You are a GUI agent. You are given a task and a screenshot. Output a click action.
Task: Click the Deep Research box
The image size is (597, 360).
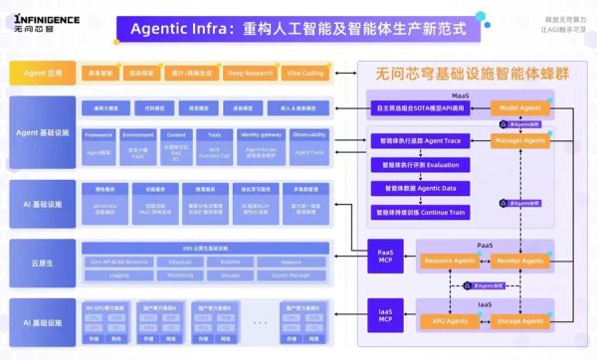248,74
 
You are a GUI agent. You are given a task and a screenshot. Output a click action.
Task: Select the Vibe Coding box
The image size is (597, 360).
304,74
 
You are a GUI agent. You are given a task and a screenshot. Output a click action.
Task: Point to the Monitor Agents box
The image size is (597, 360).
517,260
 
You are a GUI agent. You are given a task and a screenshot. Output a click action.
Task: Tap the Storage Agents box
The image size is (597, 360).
517,320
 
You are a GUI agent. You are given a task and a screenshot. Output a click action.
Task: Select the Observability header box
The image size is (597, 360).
309,133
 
